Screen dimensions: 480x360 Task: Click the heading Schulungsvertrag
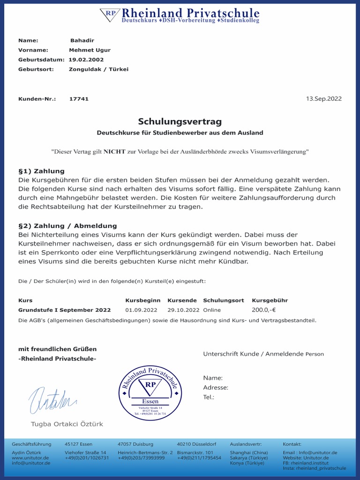pyautogui.click(x=180, y=122)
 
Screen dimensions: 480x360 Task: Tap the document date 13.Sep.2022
pyautogui.click(x=323, y=99)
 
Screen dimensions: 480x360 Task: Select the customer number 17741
pyautogui.click(x=79, y=99)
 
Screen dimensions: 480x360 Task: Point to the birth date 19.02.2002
pyautogui.click(x=86, y=60)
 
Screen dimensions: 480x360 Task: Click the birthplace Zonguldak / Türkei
pyautogui.click(x=98, y=69)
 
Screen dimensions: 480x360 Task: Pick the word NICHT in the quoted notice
pyautogui.click(x=114, y=152)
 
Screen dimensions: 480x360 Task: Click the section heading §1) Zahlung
pyautogui.click(x=41, y=171)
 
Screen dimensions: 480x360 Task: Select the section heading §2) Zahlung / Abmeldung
pyautogui.click(x=67, y=226)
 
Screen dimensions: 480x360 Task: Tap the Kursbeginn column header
pyautogui.click(x=142, y=300)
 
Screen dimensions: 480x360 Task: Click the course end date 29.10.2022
pyautogui.click(x=183, y=310)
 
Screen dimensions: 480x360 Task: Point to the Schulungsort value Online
pyautogui.click(x=212, y=310)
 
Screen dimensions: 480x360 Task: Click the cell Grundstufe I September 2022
pyautogui.click(x=65, y=310)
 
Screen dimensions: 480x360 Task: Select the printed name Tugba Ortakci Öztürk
pyautogui.click(x=67, y=424)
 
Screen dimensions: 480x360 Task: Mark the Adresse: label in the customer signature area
pyautogui.click(x=216, y=388)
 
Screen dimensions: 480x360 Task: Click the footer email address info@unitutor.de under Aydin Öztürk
pyautogui.click(x=30, y=463)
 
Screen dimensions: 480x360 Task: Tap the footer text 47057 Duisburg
pyautogui.click(x=135, y=444)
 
